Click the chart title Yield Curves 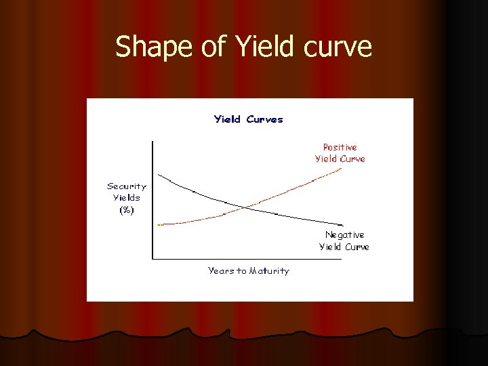(249, 119)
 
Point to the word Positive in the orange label (340, 147)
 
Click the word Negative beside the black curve (344, 235)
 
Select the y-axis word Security (127, 186)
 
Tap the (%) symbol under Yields (127, 210)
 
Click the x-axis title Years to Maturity (248, 271)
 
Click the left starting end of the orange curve (158, 224)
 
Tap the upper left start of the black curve (158, 172)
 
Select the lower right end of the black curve (342, 226)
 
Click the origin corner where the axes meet (152, 258)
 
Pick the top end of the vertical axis (152, 141)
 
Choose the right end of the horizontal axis (342, 258)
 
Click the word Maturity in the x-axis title (269, 271)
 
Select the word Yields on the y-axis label (127, 198)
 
